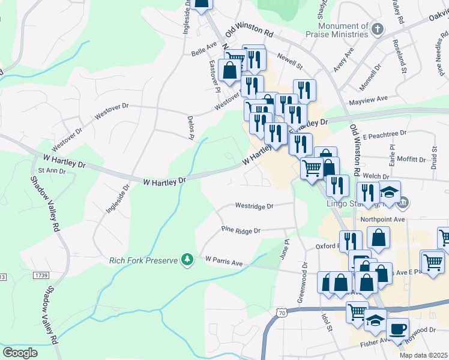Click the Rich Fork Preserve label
coord(144,260)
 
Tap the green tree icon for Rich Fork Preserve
coord(187,259)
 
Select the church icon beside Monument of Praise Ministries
coord(376,29)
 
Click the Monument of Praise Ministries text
coord(343,31)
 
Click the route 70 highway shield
coord(282,313)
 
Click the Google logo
coord(20,352)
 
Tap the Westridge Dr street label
coord(254,206)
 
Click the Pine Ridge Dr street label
coord(240,230)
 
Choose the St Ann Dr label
coord(47,171)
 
